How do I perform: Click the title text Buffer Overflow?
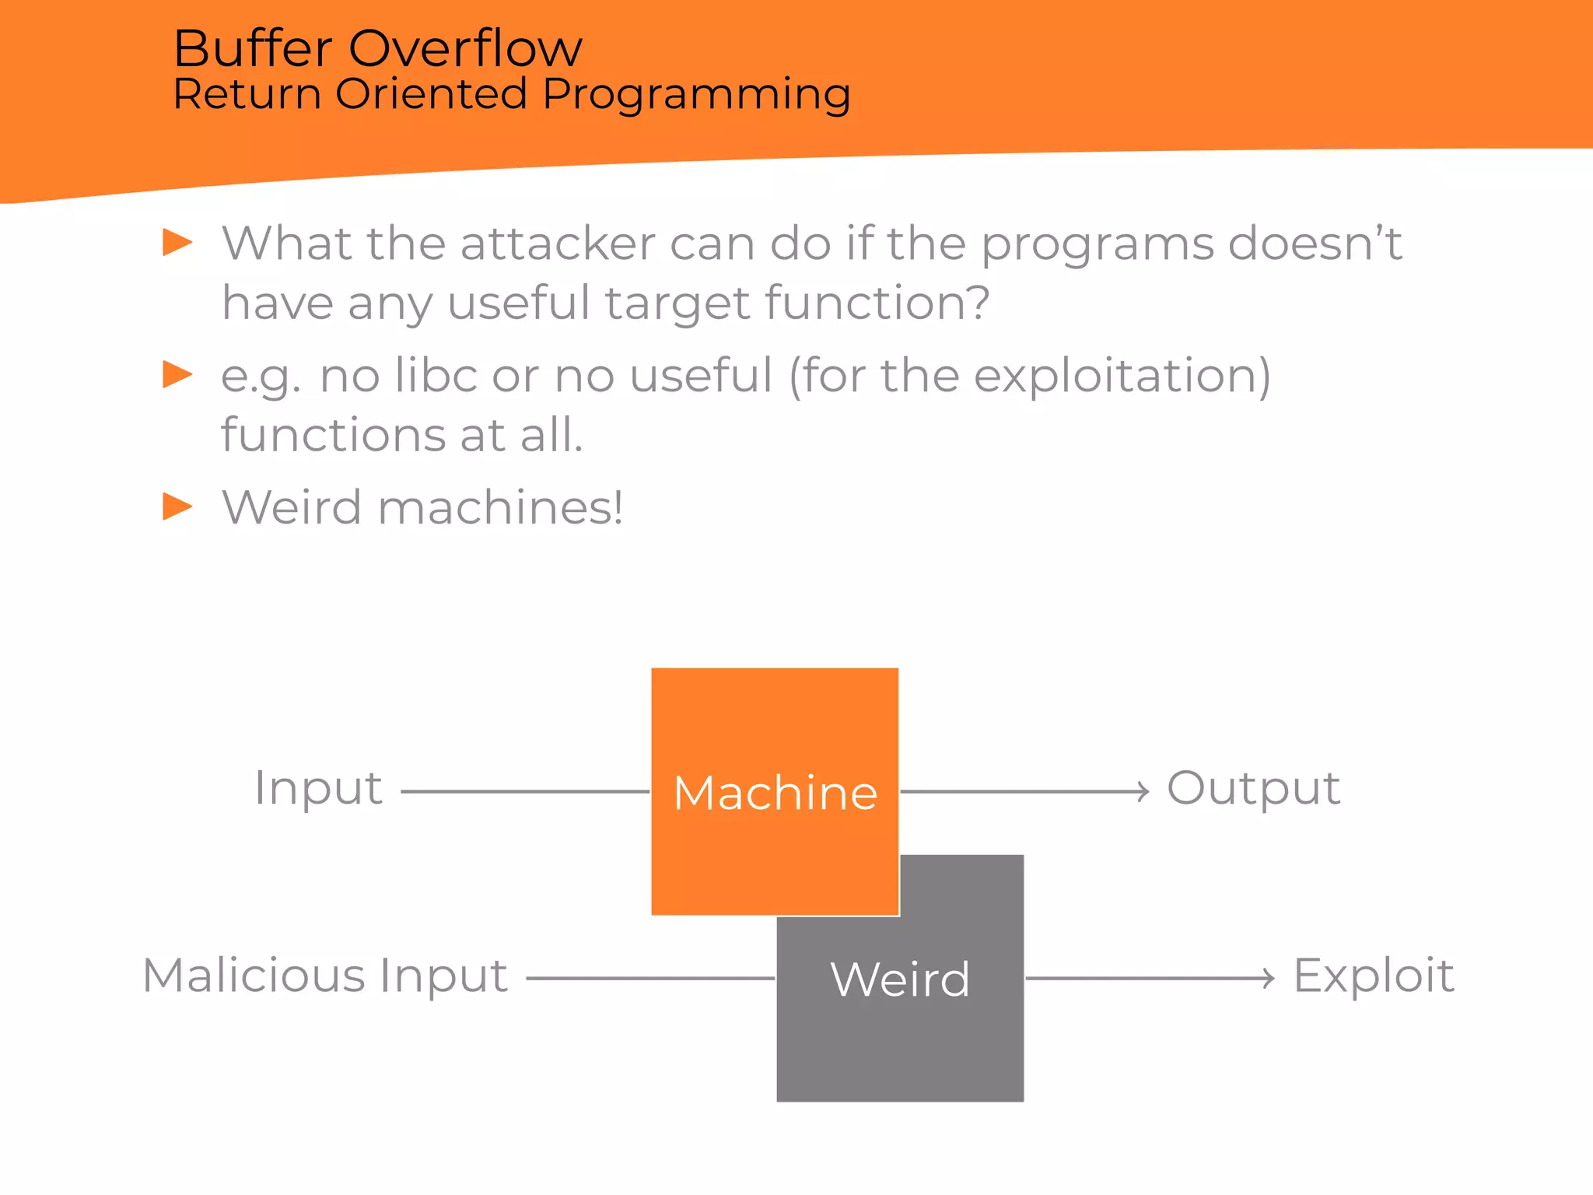coord(377,48)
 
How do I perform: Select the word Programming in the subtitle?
coord(696,94)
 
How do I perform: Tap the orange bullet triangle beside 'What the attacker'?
coord(177,242)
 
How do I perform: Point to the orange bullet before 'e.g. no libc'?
coord(177,374)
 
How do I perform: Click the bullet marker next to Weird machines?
coord(177,506)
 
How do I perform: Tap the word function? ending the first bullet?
coord(877,303)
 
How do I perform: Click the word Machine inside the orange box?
coord(775,793)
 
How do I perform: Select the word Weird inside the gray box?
coord(900,979)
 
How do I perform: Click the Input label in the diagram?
coord(318,788)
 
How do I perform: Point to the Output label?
coord(1253,788)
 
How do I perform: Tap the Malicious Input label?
coord(325,976)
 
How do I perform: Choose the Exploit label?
coord(1373,976)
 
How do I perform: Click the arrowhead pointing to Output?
coord(1142,791)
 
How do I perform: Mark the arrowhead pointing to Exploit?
coord(1268,978)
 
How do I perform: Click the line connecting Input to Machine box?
coord(525,791)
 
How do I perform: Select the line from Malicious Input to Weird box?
coord(649,978)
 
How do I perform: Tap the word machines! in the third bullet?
coord(499,508)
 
